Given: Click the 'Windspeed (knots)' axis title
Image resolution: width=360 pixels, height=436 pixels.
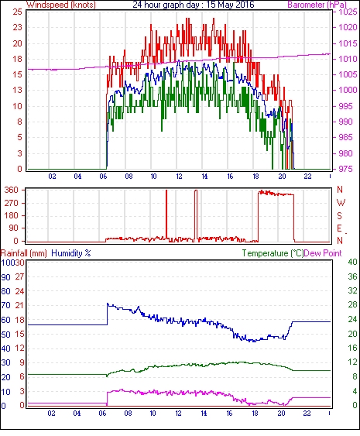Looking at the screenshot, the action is pyautogui.click(x=61, y=5).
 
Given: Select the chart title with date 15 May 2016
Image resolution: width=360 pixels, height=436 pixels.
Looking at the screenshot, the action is pyautogui.click(x=194, y=5).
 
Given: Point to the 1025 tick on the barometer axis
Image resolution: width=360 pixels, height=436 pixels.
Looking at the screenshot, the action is pyautogui.click(x=348, y=12).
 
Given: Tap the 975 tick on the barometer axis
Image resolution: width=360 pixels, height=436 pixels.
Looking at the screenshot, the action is pyautogui.click(x=345, y=169).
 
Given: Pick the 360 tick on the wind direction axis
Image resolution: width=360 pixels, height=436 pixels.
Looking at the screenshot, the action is pyautogui.click(x=12, y=191).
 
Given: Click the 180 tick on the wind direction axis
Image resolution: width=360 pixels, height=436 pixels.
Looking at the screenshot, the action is pyautogui.click(x=12, y=215).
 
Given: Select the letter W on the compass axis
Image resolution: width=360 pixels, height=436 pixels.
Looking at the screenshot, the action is pyautogui.click(x=341, y=203).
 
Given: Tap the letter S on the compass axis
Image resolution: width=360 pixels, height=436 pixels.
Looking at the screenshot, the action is pyautogui.click(x=339, y=215).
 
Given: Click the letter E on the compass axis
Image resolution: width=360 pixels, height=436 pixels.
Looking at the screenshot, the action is pyautogui.click(x=339, y=228).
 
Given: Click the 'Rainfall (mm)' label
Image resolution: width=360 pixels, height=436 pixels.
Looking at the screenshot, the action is pyautogui.click(x=23, y=253).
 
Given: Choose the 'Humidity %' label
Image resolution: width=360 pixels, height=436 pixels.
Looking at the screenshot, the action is pyautogui.click(x=71, y=253).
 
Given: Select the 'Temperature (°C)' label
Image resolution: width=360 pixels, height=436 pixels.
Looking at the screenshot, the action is pyautogui.click(x=273, y=253).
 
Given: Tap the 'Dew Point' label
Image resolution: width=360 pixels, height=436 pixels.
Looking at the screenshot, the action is pyautogui.click(x=323, y=253).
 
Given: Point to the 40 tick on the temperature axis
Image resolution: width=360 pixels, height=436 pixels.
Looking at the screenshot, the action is pyautogui.click(x=352, y=262).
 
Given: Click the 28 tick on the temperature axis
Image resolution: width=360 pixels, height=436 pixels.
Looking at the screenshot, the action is pyautogui.click(x=352, y=305).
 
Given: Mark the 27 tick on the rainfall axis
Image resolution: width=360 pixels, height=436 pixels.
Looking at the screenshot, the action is pyautogui.click(x=19, y=277).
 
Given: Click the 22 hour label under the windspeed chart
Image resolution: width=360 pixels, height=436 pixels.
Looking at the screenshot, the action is pyautogui.click(x=307, y=177).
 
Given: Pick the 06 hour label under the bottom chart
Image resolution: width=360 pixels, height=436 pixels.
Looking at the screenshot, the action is pyautogui.click(x=102, y=414).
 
